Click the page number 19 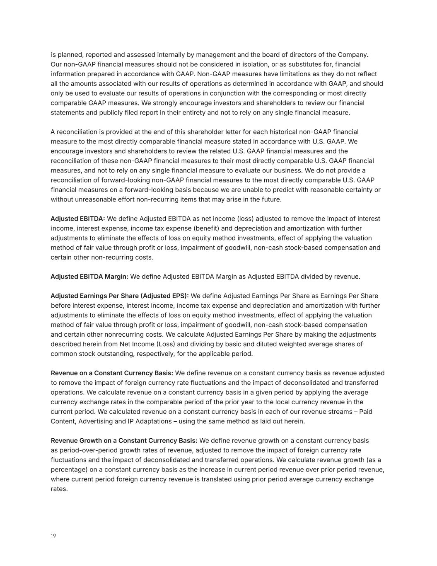click(53, 536)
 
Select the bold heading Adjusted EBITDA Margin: click(89, 277)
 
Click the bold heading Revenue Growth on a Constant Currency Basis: click(124, 440)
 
